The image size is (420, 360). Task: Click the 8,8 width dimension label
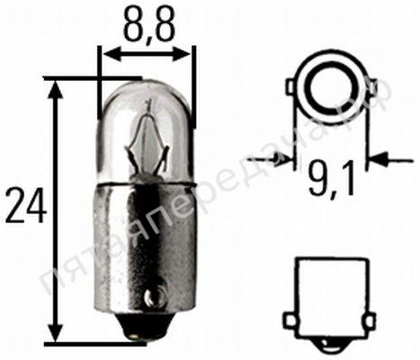tap(148, 25)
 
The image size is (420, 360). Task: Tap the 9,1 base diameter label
tap(330, 179)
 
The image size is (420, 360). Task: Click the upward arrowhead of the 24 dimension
tap(56, 89)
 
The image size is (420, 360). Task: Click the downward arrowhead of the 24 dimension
tap(56, 331)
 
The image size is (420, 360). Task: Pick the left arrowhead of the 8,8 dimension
tap(112, 54)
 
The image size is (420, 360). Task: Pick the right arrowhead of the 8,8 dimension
tap(182, 54)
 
